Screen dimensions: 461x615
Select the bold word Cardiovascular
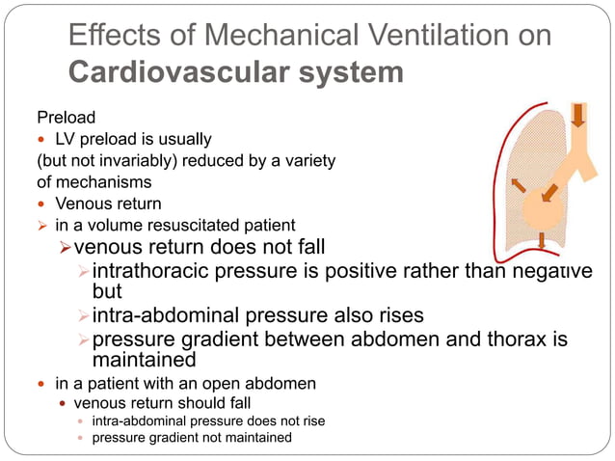[170, 73]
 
